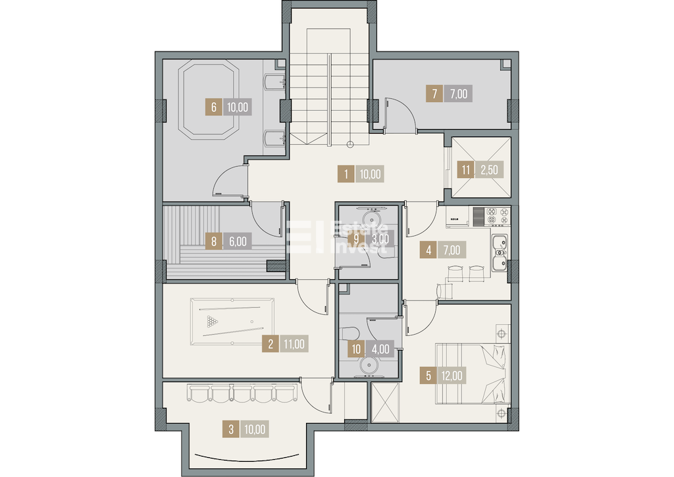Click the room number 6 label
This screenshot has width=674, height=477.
click(214, 107)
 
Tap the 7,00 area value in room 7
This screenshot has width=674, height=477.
click(459, 94)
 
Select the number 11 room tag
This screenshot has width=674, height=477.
click(466, 170)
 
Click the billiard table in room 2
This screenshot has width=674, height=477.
click(232, 322)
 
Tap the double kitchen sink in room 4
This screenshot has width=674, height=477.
click(500, 253)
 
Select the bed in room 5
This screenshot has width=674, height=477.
click(473, 374)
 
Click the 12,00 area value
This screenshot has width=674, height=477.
click(452, 376)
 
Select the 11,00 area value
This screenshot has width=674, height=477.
click(294, 344)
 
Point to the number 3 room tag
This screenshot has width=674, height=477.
click(231, 430)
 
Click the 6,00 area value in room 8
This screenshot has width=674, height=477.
click(237, 242)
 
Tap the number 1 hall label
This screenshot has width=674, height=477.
click(346, 174)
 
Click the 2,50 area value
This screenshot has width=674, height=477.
click(489, 170)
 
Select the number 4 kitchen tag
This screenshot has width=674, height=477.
click(428, 250)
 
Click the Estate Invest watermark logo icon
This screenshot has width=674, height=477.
click(305, 237)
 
